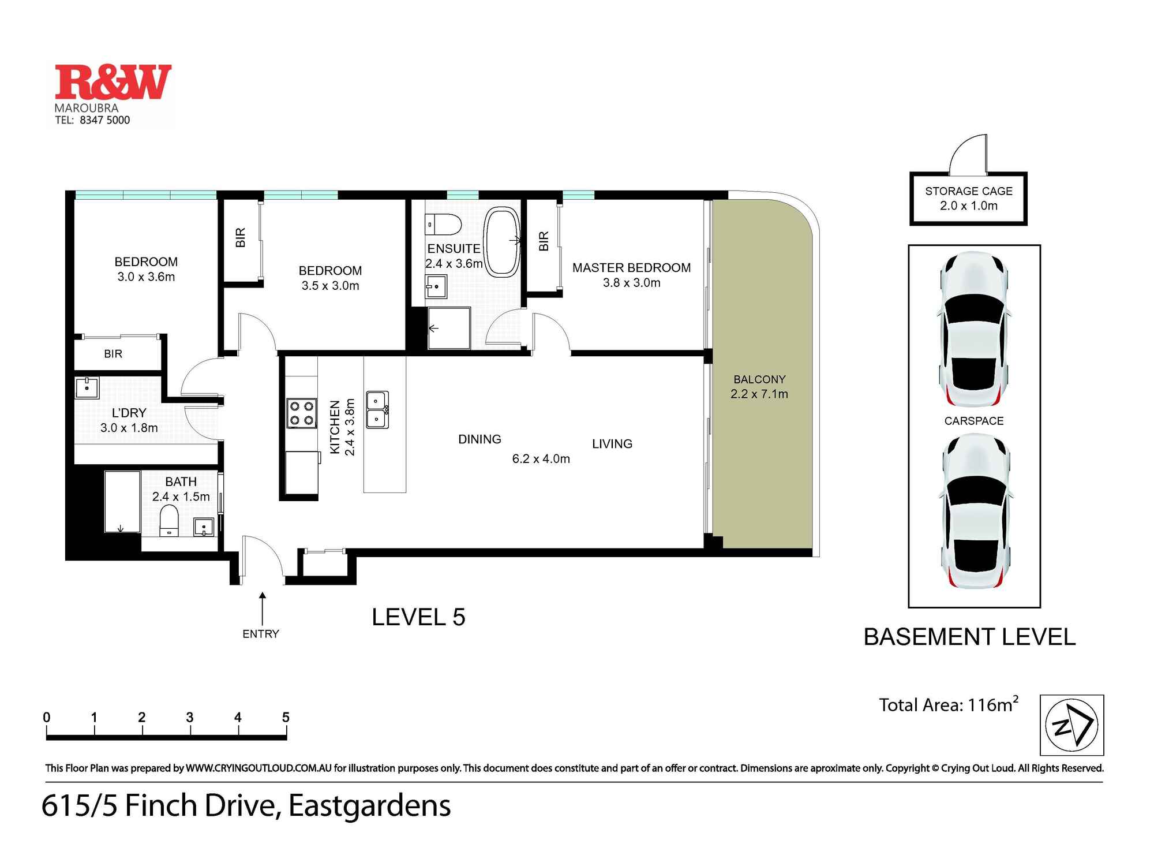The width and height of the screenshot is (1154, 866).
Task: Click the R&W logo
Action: coord(113,82)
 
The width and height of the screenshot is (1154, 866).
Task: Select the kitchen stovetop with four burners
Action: coord(302,413)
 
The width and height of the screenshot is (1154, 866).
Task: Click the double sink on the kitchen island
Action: coord(377,410)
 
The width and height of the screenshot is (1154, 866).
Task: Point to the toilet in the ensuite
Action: coord(443,224)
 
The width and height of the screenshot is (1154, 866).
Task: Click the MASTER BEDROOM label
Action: coord(631,268)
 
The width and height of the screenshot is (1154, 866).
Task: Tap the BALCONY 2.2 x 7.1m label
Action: coord(759,387)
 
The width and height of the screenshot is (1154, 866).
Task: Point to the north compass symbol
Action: coord(1071,725)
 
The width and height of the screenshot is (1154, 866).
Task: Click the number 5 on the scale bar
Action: coord(286,717)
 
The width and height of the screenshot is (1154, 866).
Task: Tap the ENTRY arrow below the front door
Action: coord(263,609)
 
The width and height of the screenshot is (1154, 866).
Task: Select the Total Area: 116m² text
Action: coord(948,705)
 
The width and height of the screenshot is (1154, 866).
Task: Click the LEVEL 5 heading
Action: coord(418,617)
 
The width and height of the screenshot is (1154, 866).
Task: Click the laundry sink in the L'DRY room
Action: coord(87,387)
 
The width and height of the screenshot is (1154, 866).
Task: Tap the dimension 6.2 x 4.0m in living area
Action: coord(541,459)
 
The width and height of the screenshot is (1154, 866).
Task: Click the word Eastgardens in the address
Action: coord(369,805)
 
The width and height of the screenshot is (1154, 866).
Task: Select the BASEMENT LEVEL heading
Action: coord(969,637)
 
